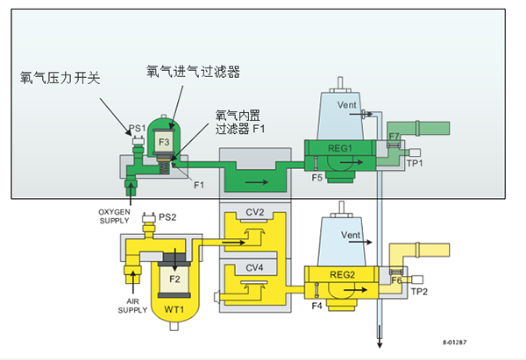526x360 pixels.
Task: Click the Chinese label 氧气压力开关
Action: [x=60, y=78]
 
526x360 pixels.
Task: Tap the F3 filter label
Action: [x=165, y=141]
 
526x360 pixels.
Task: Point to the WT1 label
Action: [x=174, y=310]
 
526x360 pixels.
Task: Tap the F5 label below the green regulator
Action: [x=316, y=178]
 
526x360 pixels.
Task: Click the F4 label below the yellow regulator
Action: [x=316, y=307]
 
